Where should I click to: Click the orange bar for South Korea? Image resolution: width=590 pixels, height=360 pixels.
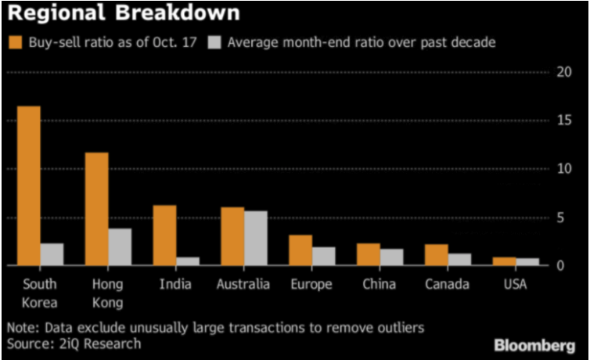(x=29, y=185)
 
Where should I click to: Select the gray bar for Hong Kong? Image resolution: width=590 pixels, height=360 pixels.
(x=120, y=247)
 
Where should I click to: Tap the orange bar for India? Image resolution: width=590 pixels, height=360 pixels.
(x=164, y=236)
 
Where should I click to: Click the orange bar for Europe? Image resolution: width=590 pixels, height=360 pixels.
(x=300, y=250)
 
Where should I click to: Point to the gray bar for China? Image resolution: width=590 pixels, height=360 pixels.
(x=391, y=257)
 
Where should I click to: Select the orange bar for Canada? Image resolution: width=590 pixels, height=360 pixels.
(x=437, y=255)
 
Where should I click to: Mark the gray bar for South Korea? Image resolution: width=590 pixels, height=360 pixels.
(x=52, y=254)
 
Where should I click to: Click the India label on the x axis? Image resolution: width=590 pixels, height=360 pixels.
(x=175, y=285)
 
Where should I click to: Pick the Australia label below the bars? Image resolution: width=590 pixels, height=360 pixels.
(x=243, y=285)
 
